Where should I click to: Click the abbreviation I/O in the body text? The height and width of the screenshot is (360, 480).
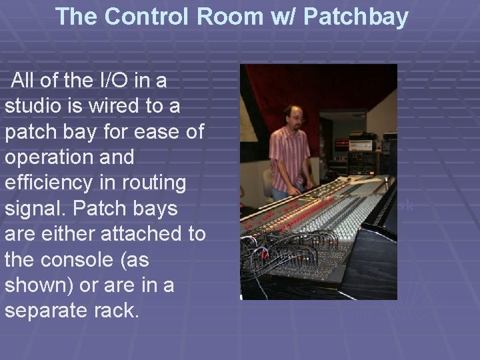tap(109, 82)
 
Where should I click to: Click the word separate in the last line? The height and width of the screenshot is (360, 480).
tap(49, 311)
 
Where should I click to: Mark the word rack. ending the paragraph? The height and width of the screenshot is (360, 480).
tap(120, 311)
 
